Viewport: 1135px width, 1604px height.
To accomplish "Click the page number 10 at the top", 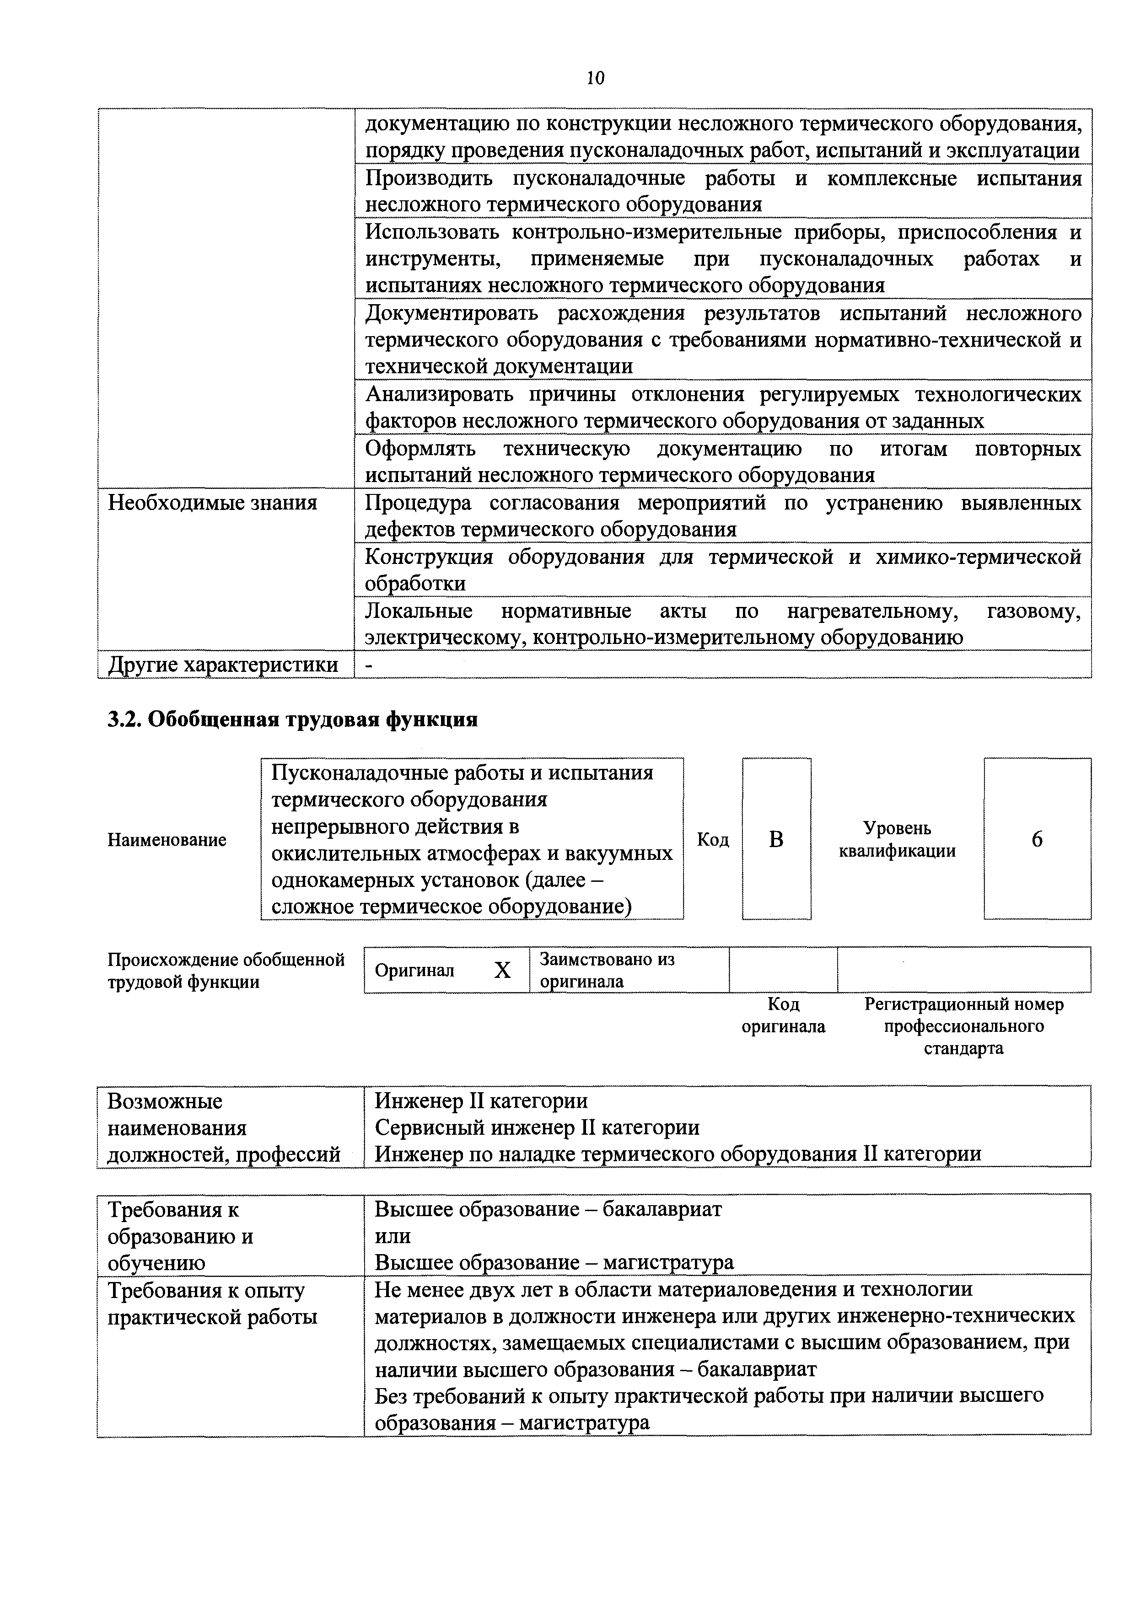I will click(x=596, y=78).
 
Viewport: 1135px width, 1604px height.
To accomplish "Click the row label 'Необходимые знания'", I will click(x=212, y=503).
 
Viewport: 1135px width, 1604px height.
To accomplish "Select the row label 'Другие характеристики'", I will click(x=223, y=665).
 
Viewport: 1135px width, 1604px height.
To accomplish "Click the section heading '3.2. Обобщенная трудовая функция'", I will click(x=293, y=719).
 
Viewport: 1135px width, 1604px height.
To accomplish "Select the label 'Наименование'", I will click(x=167, y=840).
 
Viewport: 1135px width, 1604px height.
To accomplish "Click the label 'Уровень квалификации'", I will click(x=898, y=840).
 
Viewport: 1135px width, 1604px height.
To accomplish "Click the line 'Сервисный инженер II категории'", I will click(x=537, y=1127).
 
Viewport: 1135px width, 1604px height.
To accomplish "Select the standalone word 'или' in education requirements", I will click(x=393, y=1236).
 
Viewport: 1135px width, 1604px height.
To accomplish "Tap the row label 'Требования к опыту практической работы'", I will click(x=212, y=1304).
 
